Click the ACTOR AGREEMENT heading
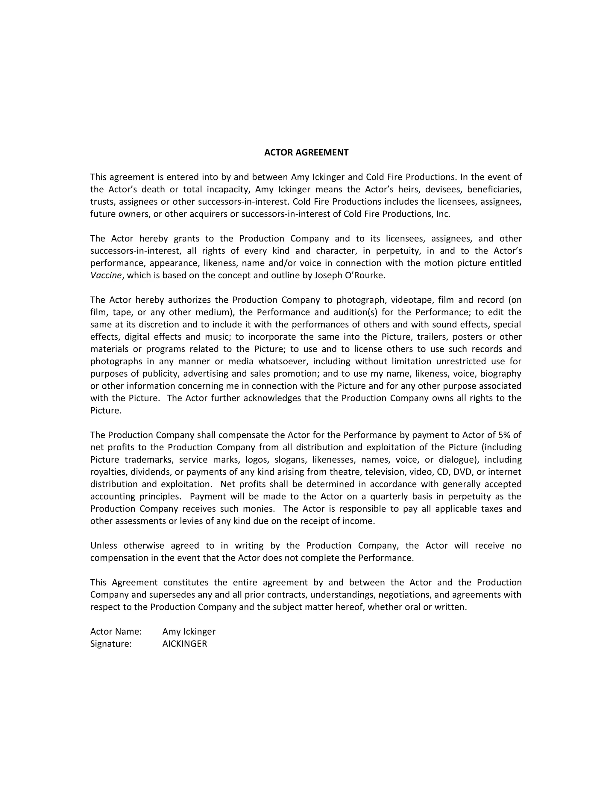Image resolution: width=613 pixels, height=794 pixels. click(306, 152)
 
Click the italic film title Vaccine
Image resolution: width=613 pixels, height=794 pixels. click(106, 275)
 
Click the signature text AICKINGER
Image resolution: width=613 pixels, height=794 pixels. click(184, 644)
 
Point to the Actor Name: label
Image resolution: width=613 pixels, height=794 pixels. click(116, 632)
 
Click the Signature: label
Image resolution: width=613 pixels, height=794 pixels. click(111, 644)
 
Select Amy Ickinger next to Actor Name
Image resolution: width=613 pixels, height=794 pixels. click(189, 632)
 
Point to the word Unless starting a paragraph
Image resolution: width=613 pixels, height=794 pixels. click(104, 545)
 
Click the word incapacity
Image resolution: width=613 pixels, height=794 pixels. click(227, 189)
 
